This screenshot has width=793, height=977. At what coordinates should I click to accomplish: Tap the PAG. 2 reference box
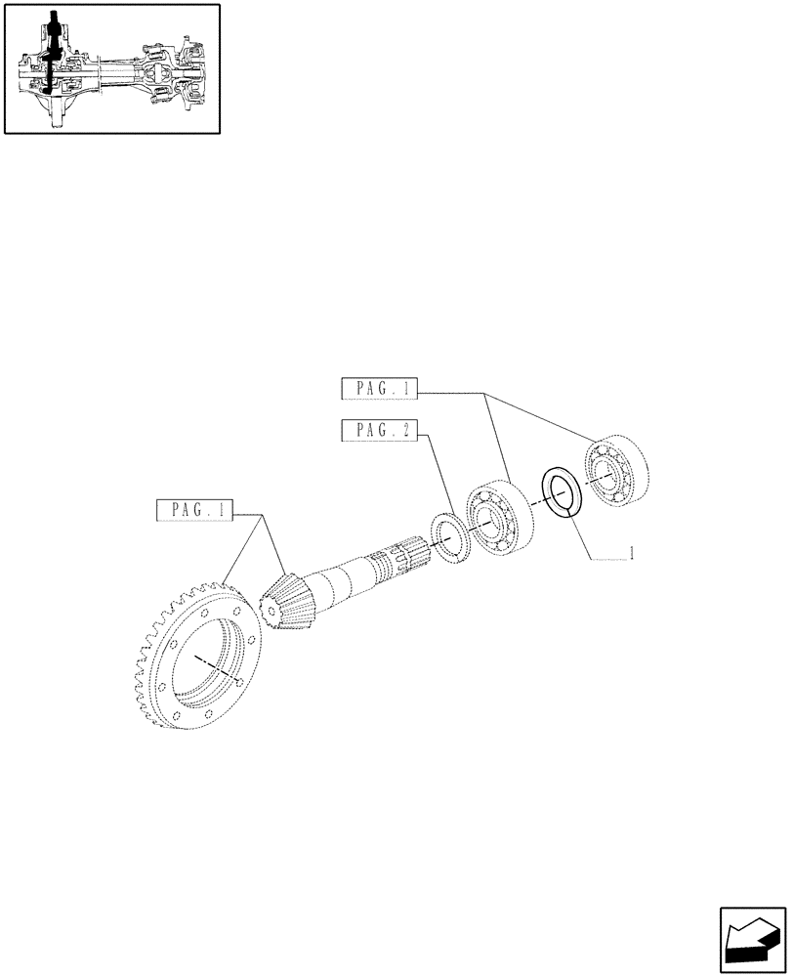pyautogui.click(x=380, y=430)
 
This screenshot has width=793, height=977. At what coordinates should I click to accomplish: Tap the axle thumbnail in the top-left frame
pyautogui.click(x=110, y=68)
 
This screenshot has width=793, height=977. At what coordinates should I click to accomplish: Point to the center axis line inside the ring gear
pyautogui.click(x=220, y=667)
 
